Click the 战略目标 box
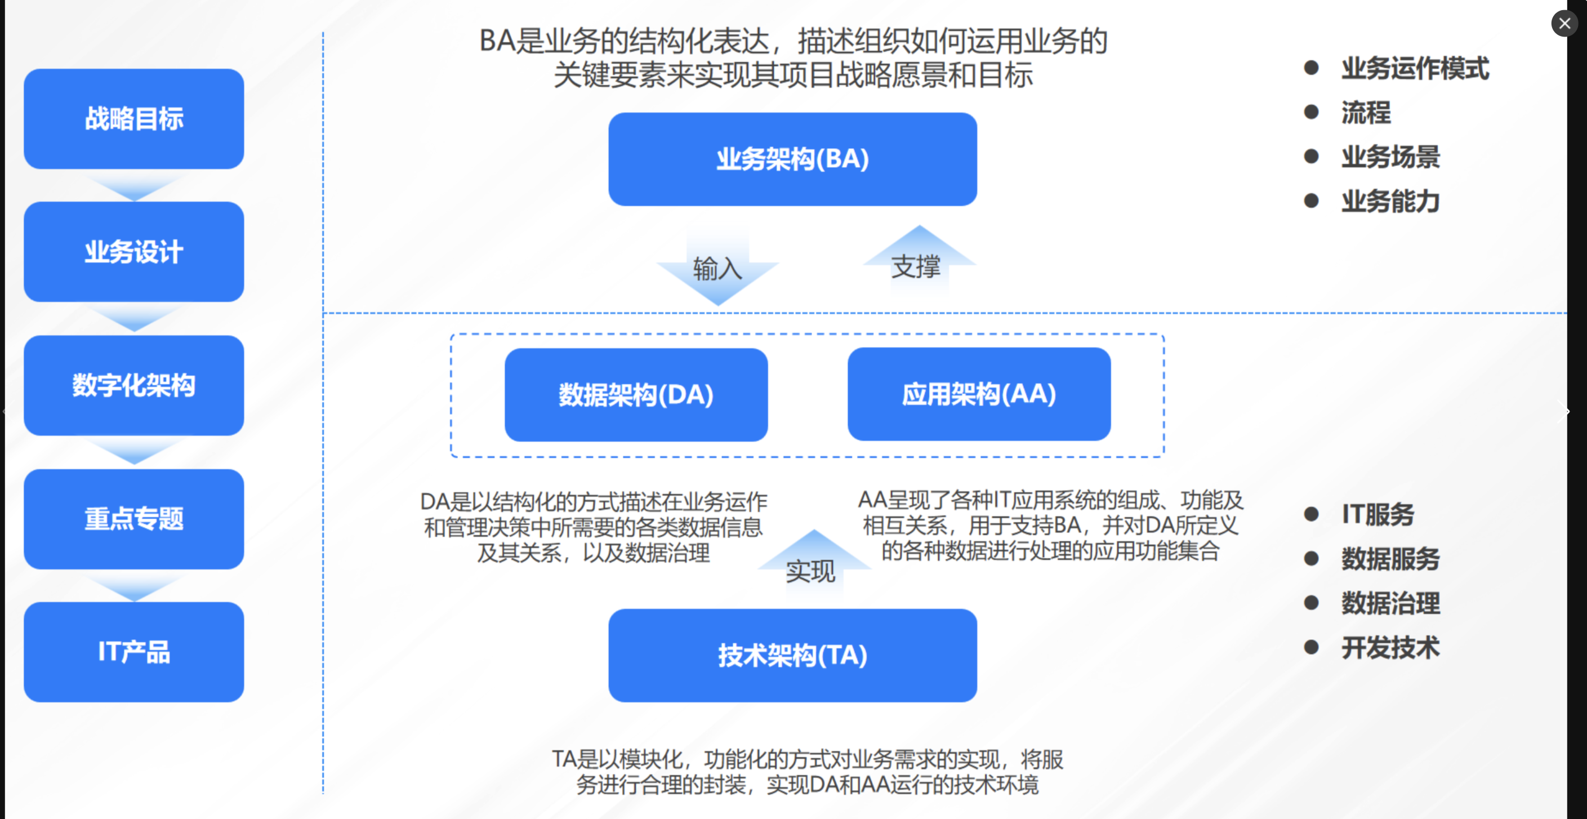click(133, 118)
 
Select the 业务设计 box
click(133, 251)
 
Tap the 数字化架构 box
click(133, 385)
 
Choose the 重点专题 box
click(133, 518)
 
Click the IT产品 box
click(133, 651)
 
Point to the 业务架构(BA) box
click(792, 159)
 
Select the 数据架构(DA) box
click(636, 394)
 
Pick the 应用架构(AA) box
click(979, 394)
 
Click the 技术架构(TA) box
click(792, 655)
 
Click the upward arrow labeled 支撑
click(919, 262)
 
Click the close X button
click(1564, 24)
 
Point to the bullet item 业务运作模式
click(1415, 68)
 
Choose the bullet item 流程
click(1366, 112)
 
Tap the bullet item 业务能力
click(1390, 202)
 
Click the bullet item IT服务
click(1378, 514)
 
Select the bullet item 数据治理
click(1390, 603)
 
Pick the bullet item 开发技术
click(1390, 647)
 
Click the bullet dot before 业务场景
click(1311, 157)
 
